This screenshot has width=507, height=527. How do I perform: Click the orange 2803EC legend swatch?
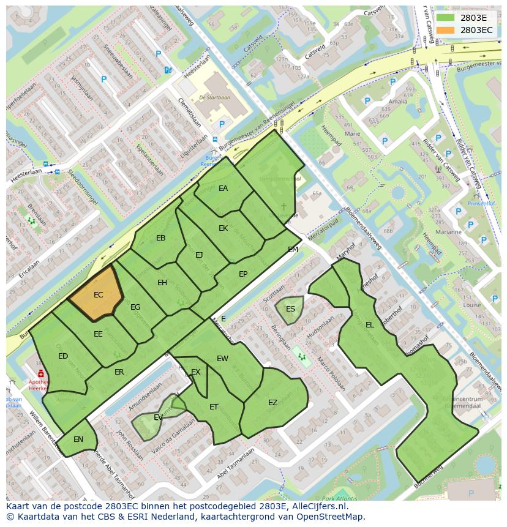pos(445,30)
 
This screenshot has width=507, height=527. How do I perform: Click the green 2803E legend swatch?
pos(445,18)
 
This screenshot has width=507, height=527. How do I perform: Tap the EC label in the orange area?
pos(99,295)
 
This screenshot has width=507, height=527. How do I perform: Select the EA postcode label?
pos(223,189)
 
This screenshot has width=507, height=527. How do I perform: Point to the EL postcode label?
pos(370,325)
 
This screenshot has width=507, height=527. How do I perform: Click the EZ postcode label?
pos(273,402)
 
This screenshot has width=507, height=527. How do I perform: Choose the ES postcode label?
pos(291,308)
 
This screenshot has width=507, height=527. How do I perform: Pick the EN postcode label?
pos(78,439)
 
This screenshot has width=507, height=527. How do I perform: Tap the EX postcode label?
pos(196,372)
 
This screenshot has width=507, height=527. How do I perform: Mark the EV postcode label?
pos(158,417)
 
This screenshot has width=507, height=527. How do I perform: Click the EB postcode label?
pos(161,238)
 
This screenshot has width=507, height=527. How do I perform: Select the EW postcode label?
pos(222,359)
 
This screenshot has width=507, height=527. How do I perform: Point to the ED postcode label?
pos(63,356)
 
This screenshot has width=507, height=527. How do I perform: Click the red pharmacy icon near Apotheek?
pos(40,373)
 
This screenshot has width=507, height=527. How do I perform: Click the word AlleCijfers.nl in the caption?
pos(318,507)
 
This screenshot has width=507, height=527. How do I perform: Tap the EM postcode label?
pos(293,250)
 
